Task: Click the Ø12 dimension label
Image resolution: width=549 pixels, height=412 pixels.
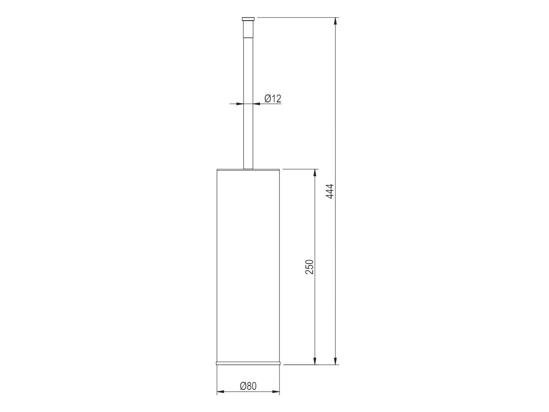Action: pos(273,99)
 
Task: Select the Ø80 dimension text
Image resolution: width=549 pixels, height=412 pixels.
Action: pos(248,386)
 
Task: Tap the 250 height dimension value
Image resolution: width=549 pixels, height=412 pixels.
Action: pos(310,267)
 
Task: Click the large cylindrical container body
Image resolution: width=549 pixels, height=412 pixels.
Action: pos(248,264)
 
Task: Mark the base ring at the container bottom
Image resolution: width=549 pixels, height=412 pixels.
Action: pos(248,363)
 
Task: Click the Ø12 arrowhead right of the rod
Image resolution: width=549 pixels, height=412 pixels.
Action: pos(256,103)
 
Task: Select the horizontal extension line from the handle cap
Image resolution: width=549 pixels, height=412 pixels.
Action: pos(294,17)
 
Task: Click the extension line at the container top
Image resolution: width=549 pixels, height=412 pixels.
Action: pos(298,169)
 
